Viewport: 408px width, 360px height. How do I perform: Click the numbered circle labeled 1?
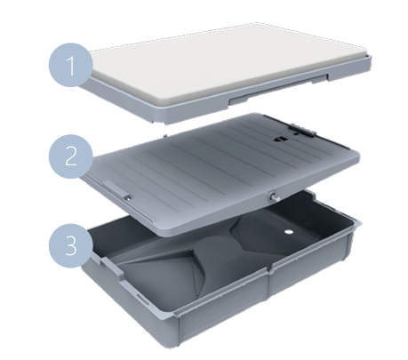tap(71, 65)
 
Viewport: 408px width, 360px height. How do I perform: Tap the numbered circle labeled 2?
tap(71, 156)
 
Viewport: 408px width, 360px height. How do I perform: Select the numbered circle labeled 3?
tap(71, 245)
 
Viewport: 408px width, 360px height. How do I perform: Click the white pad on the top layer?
tap(228, 64)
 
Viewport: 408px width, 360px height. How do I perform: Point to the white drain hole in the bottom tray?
tap(288, 232)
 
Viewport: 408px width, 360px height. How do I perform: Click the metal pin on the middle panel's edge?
tap(274, 197)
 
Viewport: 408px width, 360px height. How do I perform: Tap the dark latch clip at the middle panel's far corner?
tap(301, 130)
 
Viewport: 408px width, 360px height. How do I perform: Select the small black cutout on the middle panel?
tap(279, 139)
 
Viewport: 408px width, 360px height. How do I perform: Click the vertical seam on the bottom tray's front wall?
tap(268, 284)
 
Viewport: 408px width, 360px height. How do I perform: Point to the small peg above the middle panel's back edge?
tap(165, 135)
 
